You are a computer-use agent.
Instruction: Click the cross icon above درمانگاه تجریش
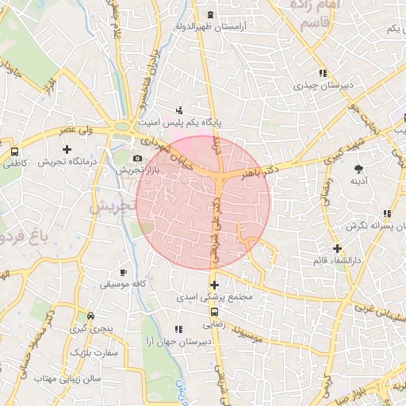coord(67,148)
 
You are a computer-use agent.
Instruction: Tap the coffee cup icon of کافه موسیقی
coord(122,270)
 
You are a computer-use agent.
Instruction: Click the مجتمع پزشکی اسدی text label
coord(216,297)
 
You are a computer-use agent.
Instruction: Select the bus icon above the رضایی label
coord(213,312)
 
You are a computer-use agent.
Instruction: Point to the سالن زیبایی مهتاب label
coord(65,378)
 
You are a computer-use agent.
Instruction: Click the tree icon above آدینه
coord(359,168)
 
